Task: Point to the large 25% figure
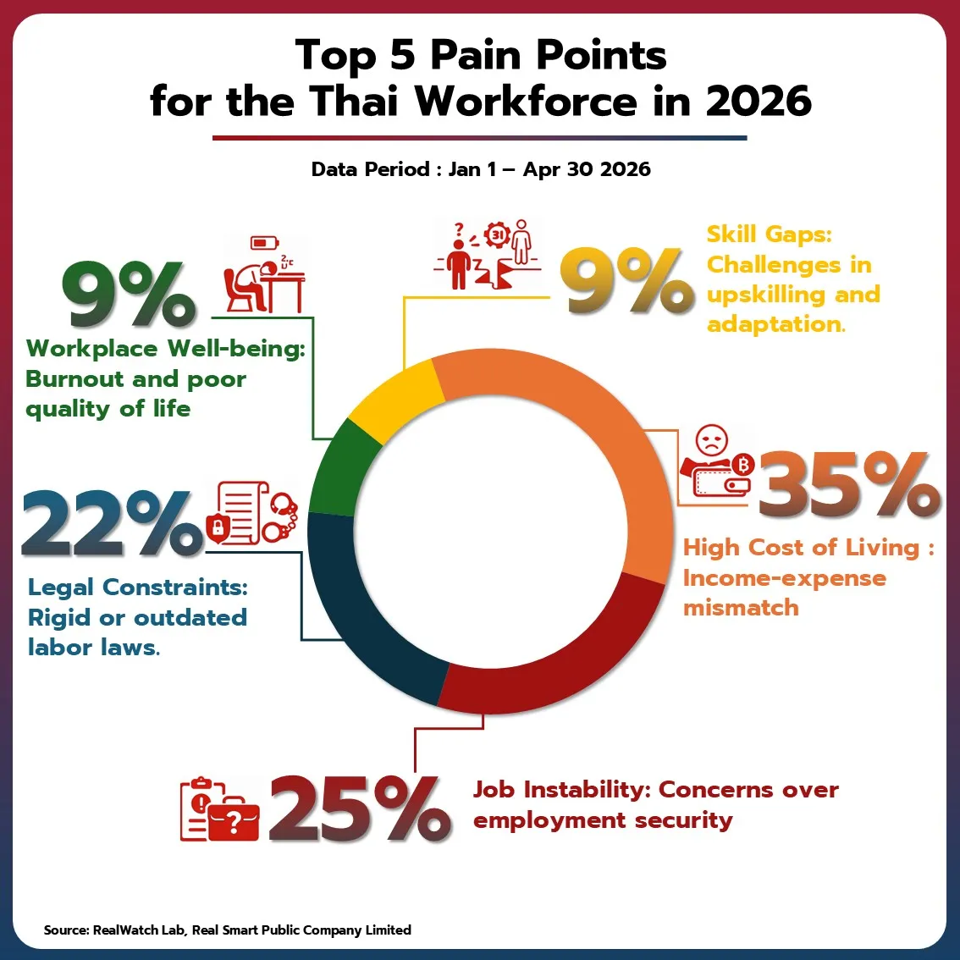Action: [360, 808]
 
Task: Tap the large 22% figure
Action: [113, 523]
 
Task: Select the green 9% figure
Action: [129, 294]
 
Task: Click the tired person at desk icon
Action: [264, 274]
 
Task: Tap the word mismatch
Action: [741, 608]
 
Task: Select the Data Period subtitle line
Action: [481, 169]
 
